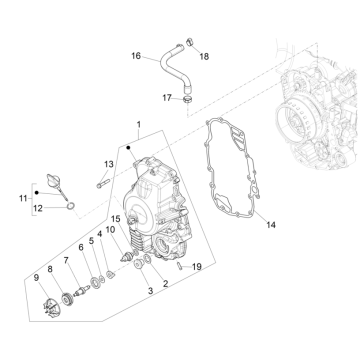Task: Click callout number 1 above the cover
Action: tap(139, 127)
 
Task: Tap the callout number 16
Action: tap(136, 56)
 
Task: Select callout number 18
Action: tap(204, 57)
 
